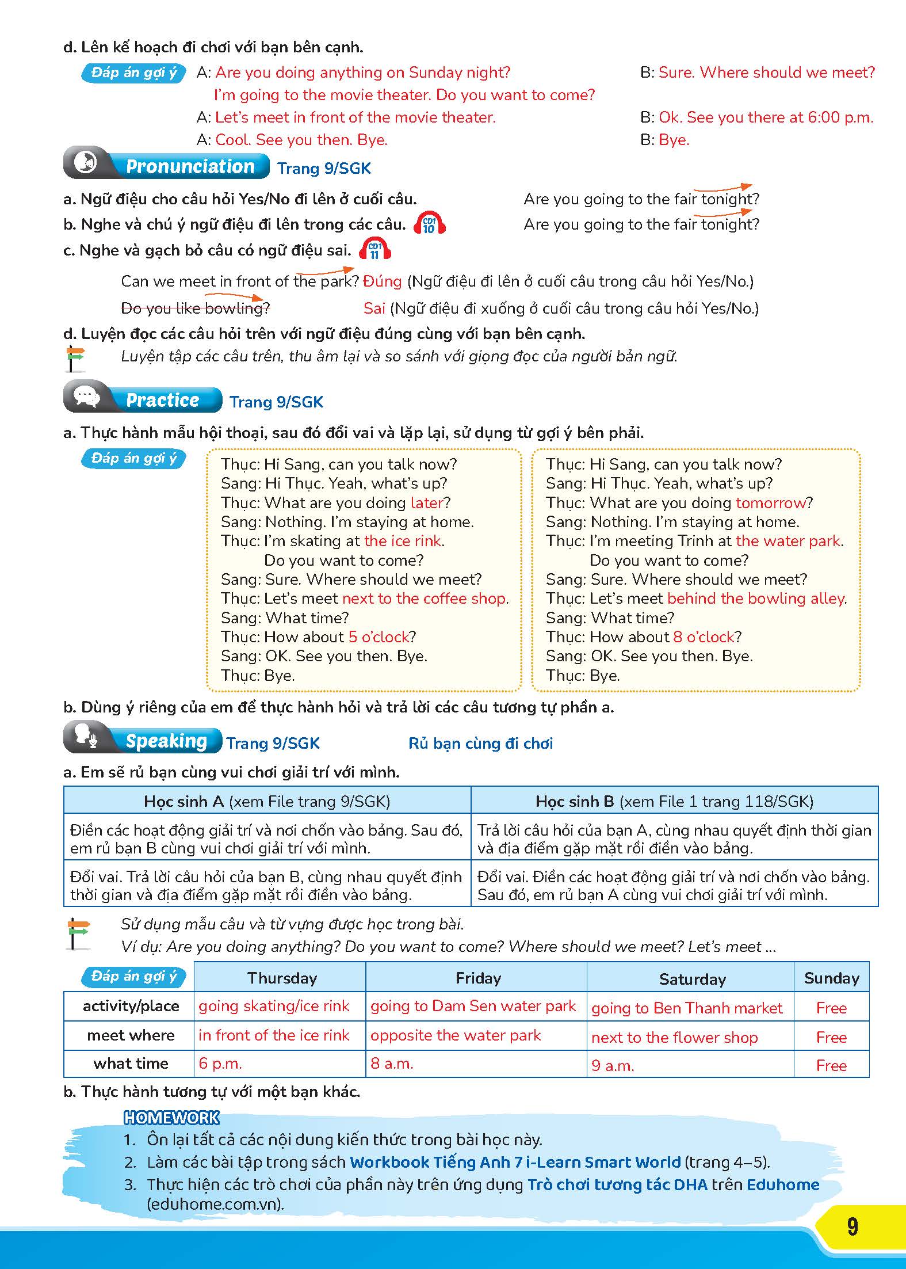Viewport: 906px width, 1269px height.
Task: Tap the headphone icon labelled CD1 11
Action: [374, 250]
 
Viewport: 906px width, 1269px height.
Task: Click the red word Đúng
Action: [383, 281]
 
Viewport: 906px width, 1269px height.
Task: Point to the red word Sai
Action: [374, 308]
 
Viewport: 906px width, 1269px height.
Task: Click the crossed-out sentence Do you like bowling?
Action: [195, 308]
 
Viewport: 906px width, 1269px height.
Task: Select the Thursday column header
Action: [282, 978]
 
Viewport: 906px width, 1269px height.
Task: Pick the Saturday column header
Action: [692, 979]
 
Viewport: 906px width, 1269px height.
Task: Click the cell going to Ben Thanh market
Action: [687, 1008]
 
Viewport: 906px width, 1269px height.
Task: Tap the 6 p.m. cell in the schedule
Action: [220, 1063]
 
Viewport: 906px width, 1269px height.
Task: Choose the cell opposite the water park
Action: [456, 1035]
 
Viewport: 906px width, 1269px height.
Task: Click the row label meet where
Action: [131, 1035]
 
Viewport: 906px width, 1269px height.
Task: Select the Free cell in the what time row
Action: [831, 1065]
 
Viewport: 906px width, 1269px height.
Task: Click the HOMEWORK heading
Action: [171, 1118]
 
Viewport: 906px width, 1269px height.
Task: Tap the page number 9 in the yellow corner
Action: [852, 1226]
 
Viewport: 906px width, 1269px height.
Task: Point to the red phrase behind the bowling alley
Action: [756, 599]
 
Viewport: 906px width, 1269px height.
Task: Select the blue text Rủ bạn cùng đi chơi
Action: [480, 744]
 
